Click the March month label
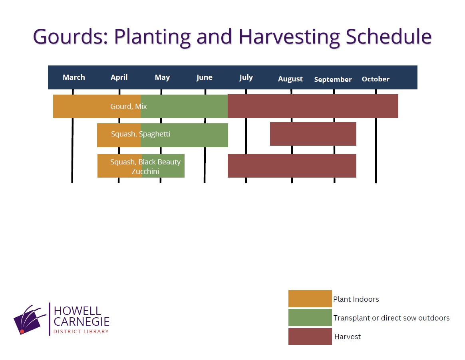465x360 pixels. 74,77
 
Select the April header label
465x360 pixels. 119,78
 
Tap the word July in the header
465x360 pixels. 246,78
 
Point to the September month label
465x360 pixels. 333,80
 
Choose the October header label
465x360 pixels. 376,79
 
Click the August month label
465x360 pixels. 290,79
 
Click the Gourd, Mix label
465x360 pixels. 128,107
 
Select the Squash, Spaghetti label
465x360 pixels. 141,134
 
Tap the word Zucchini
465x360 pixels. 145,172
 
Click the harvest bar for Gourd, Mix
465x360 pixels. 313,106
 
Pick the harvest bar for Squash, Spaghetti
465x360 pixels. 313,134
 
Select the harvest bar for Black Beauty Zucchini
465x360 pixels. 292,166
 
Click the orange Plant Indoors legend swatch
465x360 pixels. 310,299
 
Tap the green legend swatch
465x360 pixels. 310,317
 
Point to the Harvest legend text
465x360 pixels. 348,337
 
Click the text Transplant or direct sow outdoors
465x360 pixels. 391,318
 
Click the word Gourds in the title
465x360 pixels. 71,37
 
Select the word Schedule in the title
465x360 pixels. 388,37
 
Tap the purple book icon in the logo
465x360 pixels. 30,320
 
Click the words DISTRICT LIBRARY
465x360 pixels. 81,332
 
